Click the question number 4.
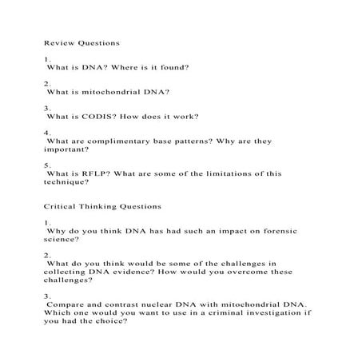coord(46,132)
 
